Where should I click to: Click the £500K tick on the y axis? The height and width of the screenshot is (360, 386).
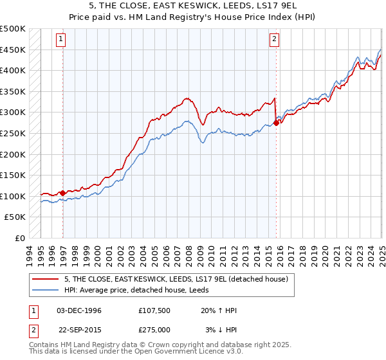13,29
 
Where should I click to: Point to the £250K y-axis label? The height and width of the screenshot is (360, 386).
13,133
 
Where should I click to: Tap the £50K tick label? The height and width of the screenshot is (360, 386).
15,217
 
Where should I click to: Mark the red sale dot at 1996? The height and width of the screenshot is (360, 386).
62,193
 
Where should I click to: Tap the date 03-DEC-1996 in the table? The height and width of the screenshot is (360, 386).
79,310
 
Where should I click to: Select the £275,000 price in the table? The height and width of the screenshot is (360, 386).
156,330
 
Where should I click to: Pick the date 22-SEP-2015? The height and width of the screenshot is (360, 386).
79,330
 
